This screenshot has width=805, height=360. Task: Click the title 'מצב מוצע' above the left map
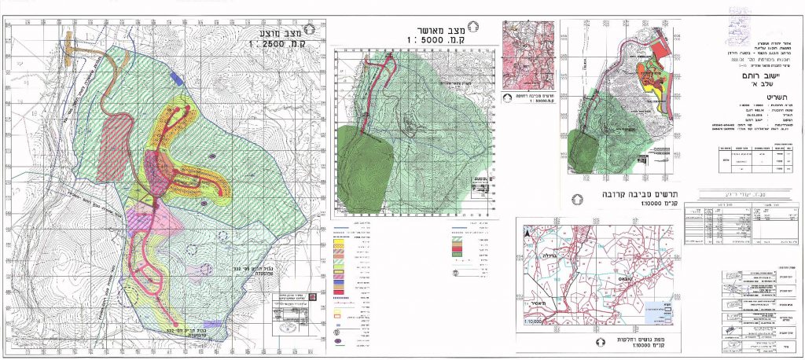tap(281, 32)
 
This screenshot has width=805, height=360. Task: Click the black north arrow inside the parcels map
tap(529, 233)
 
